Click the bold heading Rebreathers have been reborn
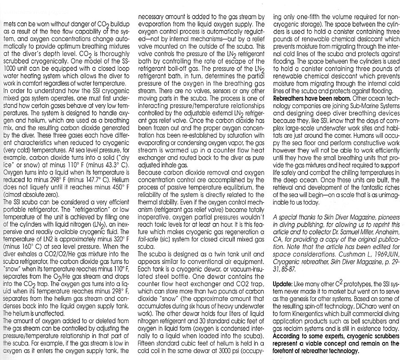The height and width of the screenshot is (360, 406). pyautogui.click(x=306, y=98)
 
